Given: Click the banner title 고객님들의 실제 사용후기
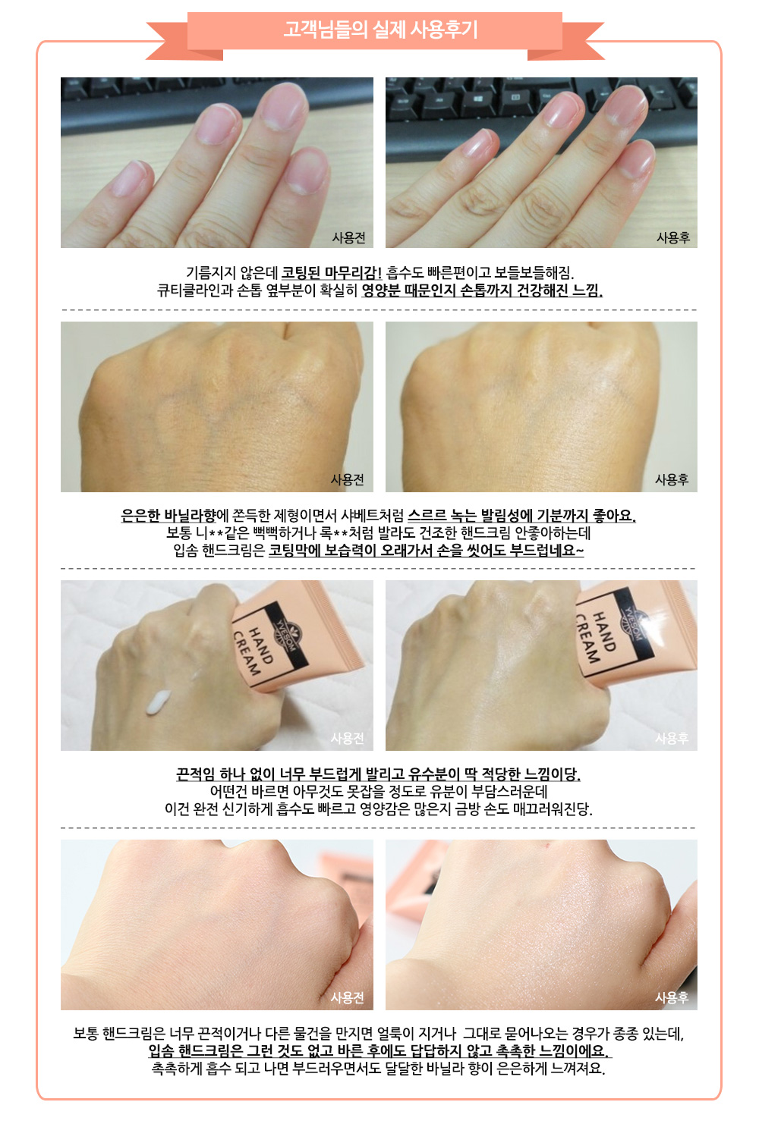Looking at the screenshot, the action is (379, 30).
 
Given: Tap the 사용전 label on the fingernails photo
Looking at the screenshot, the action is (348, 237).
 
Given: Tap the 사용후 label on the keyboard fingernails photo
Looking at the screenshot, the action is (673, 237).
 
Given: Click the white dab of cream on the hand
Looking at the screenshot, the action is (158, 702).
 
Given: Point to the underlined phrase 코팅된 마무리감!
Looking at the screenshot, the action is (331, 272).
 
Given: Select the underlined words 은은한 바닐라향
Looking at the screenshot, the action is (168, 515).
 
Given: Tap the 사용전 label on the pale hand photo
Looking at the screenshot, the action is (347, 997).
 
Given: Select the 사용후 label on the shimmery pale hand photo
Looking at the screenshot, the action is (672, 997).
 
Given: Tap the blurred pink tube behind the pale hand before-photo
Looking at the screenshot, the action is (347, 873).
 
